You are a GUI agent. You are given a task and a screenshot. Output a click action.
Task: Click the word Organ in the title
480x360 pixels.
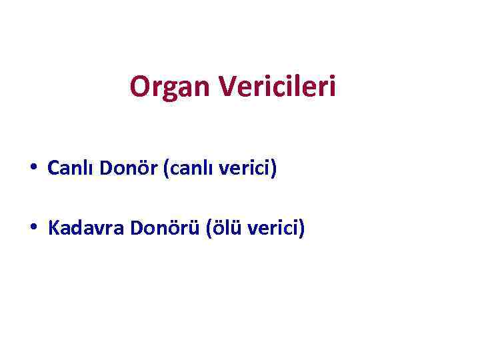click(x=169, y=87)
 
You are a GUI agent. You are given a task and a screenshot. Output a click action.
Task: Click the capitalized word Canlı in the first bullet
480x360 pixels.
click(x=71, y=169)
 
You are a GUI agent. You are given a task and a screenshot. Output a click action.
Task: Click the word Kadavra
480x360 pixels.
click(x=87, y=230)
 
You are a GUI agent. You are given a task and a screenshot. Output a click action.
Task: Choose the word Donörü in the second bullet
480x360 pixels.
click(x=166, y=230)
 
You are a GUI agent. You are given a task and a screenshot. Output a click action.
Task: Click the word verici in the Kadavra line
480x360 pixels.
click(x=274, y=230)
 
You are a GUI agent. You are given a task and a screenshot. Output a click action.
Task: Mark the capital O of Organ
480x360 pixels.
click(x=139, y=87)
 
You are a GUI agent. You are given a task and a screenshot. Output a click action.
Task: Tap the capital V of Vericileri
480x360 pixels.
click(x=226, y=86)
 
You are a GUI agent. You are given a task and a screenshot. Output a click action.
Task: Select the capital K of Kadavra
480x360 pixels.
click(x=53, y=230)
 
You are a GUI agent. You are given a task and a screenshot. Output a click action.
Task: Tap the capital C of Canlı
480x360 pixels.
click(x=53, y=169)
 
